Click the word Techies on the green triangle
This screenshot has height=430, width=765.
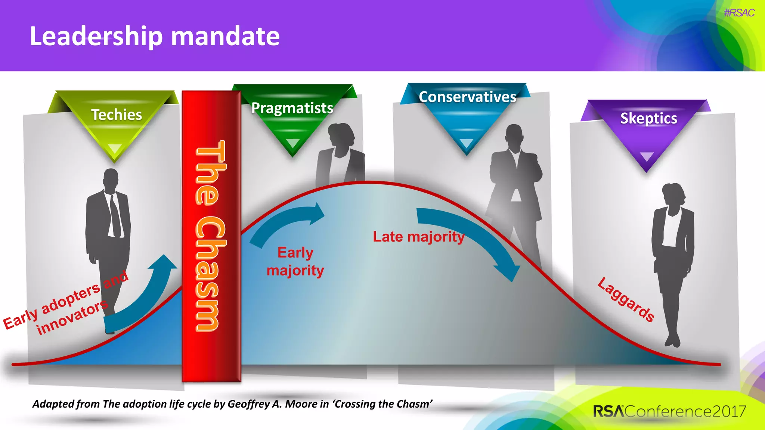point(117,115)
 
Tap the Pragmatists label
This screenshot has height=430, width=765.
point(292,108)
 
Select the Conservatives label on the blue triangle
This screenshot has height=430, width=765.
point(467,97)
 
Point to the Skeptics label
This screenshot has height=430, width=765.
point(648,118)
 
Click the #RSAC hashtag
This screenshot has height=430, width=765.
point(739,13)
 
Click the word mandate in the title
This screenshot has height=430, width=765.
point(225,36)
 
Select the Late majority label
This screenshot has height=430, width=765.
point(418,237)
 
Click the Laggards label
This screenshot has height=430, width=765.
point(626,300)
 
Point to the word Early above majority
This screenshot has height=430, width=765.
point(295,253)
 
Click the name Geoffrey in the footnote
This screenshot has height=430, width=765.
point(249,404)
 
